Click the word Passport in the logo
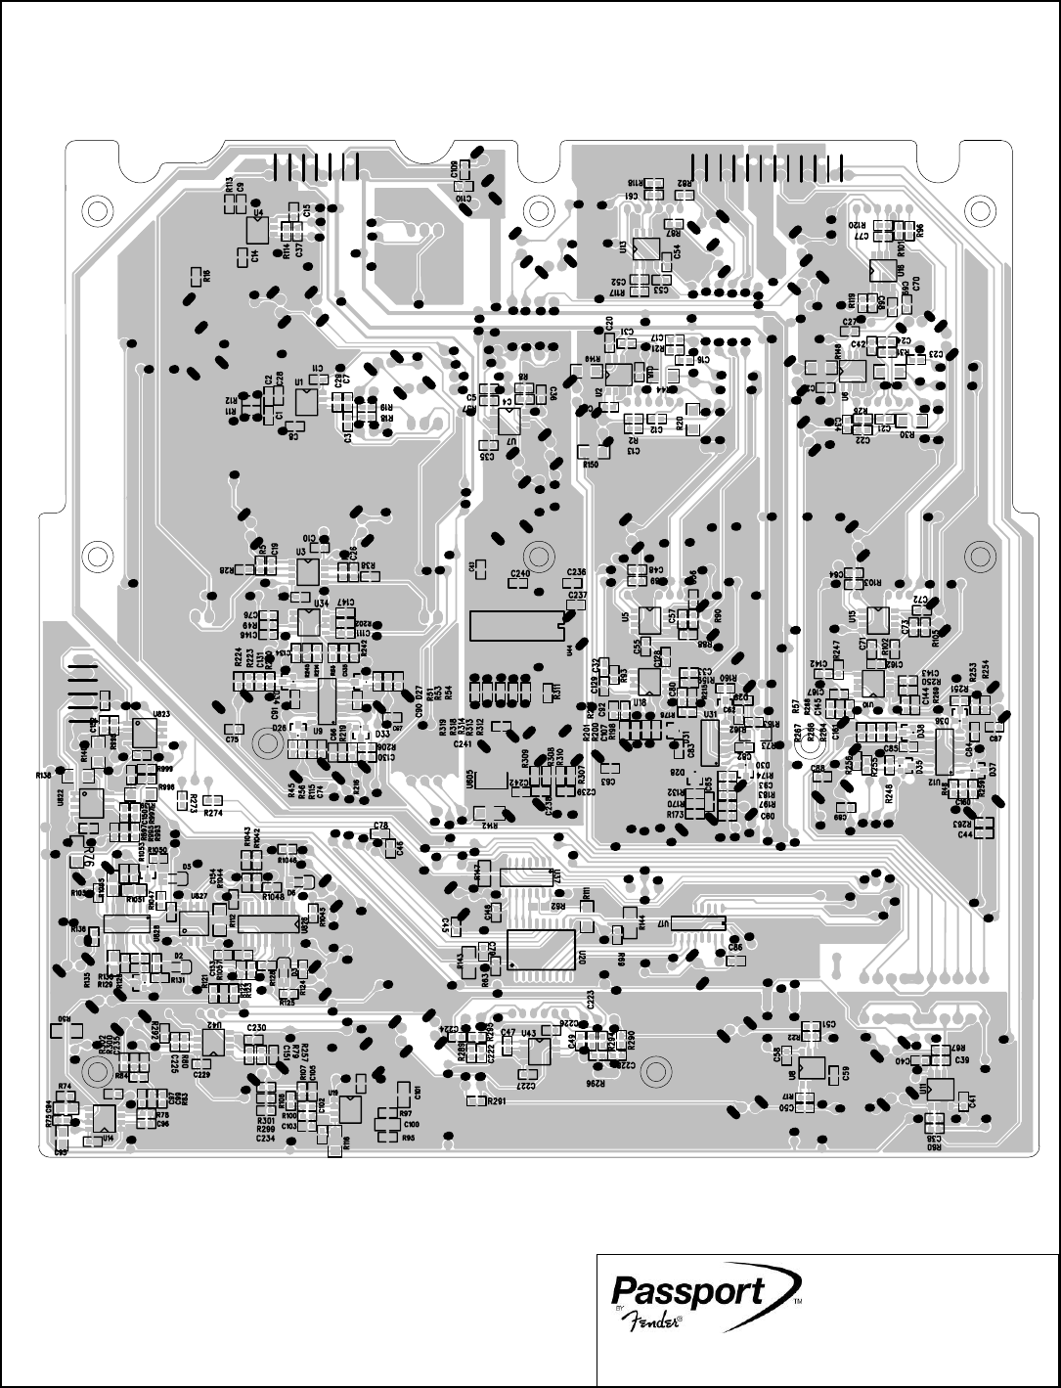[687, 1290]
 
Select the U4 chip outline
[256, 230]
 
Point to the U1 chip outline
[305, 401]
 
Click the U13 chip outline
[645, 248]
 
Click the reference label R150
[591, 465]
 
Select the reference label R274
[214, 812]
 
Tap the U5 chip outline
[649, 619]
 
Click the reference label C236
[576, 572]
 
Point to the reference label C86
[734, 947]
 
